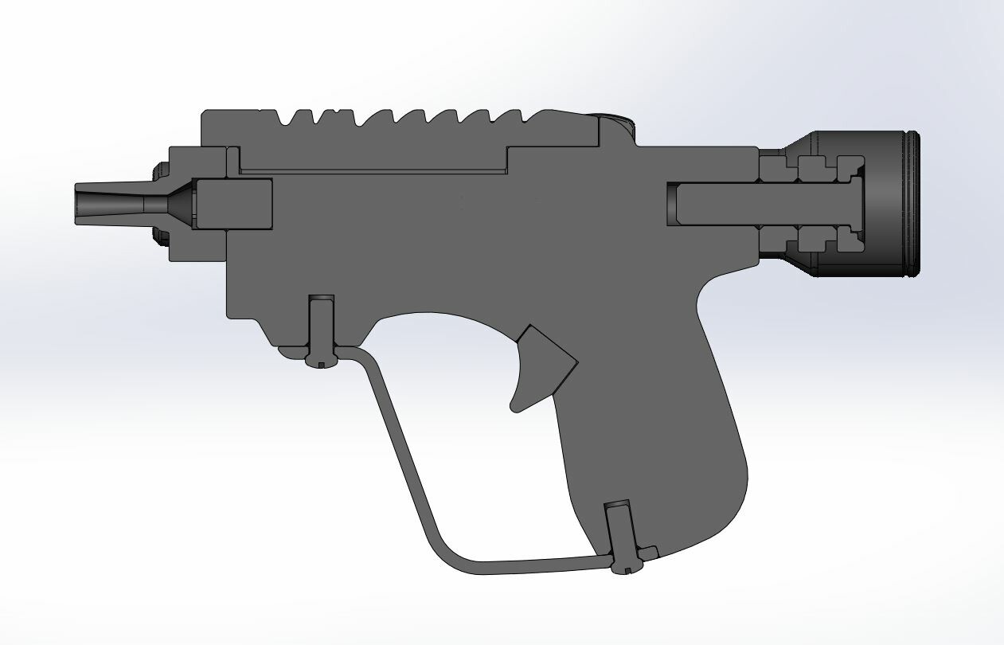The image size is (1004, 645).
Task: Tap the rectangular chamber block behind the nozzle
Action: (234, 205)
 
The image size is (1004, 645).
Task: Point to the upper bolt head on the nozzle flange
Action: (160, 169)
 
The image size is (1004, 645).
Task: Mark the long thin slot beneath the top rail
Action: (373, 171)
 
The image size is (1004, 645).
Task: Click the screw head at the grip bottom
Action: (625, 566)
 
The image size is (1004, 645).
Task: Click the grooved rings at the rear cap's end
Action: (912, 205)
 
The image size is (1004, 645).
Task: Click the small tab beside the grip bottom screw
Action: (649, 551)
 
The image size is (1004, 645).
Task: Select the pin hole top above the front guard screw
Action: (322, 299)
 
